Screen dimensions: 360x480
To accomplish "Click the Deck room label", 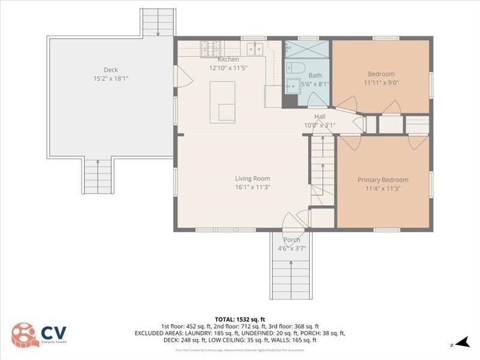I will pos(110,70).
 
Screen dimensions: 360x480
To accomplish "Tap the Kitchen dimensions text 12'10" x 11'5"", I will pos(228,68).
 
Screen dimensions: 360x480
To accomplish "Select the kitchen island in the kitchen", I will pos(222,102).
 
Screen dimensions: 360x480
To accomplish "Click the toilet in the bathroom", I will pos(296,67).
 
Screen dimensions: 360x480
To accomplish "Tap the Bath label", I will pos(315,76).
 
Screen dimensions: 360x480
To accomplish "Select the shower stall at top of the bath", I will pos(307,48).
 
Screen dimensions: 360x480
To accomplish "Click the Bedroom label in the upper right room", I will pos(381,74).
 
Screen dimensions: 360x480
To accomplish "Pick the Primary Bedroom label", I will pos(383,180).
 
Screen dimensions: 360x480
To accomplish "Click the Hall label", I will pos(320,116).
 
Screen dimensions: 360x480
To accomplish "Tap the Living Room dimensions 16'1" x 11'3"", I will pos(252,187).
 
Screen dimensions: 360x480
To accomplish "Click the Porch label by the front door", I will pos(292,240).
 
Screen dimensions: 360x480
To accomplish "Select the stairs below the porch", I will pos(292,273).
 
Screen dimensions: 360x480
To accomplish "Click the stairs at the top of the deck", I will pos(158,23).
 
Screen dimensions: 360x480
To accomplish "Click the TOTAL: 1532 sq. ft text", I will pos(240,319).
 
